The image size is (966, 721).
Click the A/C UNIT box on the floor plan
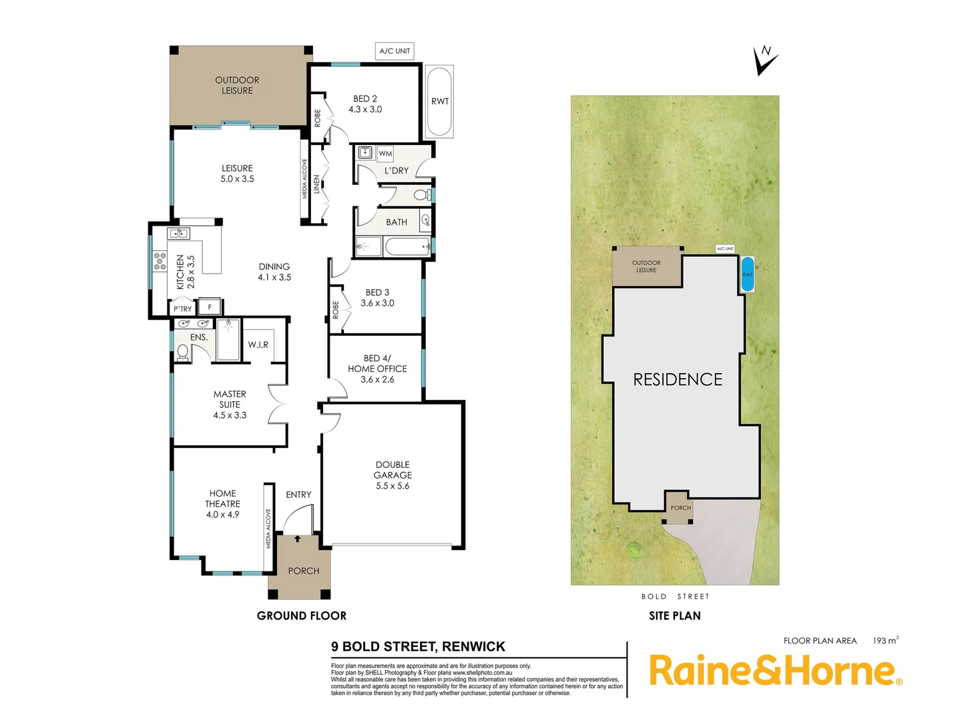(x=395, y=51)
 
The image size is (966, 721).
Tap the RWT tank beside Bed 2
(x=439, y=101)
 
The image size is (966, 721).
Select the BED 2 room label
(x=365, y=103)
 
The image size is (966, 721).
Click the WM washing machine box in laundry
(x=385, y=154)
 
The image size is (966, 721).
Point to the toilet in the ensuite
(x=182, y=352)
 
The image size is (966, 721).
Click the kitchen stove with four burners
(x=160, y=261)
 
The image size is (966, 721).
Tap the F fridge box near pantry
(x=210, y=307)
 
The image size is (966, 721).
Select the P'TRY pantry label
(x=182, y=309)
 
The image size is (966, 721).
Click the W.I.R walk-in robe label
(x=258, y=344)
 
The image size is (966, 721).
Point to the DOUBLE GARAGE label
(x=393, y=475)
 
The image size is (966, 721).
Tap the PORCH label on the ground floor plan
(x=304, y=571)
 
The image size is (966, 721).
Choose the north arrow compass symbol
(x=764, y=61)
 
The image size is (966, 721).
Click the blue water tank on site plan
(x=747, y=274)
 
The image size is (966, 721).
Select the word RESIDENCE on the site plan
(x=678, y=380)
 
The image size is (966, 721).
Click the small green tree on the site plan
(x=634, y=550)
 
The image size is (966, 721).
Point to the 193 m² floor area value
(x=885, y=640)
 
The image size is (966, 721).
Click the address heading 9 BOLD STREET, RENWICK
(x=418, y=646)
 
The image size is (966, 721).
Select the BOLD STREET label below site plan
(x=675, y=596)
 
